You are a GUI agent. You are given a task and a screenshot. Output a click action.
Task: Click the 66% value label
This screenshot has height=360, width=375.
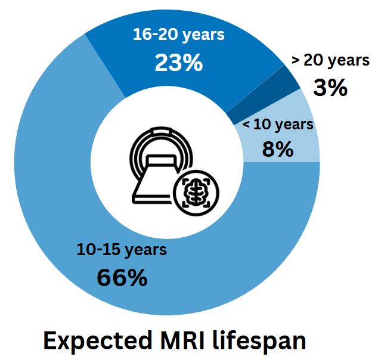point(122,278)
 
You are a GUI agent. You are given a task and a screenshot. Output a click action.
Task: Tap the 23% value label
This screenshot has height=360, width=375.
point(178,62)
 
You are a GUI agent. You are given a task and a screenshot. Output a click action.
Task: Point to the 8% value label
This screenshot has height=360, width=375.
point(277,148)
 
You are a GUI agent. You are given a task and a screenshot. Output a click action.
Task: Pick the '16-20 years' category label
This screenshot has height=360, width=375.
point(178,35)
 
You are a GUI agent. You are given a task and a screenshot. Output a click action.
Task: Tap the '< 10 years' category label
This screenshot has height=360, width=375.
point(278,125)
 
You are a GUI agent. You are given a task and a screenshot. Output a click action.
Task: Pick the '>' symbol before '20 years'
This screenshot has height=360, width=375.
point(296,60)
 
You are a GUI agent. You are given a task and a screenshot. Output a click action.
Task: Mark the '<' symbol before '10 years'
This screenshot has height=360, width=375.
point(247,125)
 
